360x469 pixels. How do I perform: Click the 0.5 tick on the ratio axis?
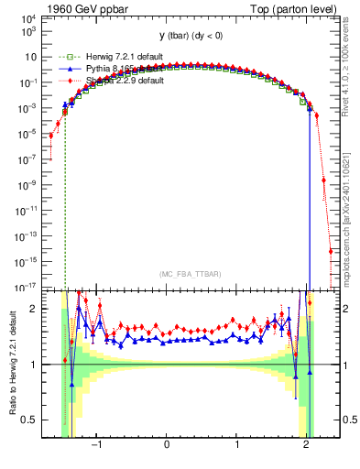click(29, 420)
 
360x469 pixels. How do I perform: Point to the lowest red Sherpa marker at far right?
click(331, 252)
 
